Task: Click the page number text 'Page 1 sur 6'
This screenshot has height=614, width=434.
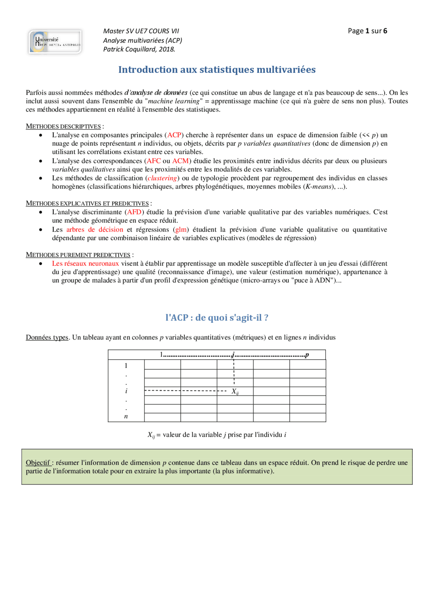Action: [367, 31]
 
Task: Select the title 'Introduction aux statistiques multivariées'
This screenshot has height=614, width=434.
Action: [217, 70]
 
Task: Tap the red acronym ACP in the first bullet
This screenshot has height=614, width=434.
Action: [174, 135]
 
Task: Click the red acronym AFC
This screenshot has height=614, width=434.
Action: [153, 161]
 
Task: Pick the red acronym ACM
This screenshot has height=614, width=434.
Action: [180, 161]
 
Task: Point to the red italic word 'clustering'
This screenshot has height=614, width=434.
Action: [162, 178]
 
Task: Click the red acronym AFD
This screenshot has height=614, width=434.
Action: [134, 212]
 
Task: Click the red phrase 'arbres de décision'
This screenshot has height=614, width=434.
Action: [95, 230]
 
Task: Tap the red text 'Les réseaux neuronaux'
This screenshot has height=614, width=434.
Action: [85, 263]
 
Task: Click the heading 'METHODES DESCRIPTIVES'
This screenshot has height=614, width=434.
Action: [63, 126]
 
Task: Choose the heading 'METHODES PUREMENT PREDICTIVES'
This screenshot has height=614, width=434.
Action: [78, 255]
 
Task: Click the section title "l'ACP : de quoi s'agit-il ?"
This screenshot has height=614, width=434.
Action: [217, 318]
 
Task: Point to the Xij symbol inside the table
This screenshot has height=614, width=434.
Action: [235, 391]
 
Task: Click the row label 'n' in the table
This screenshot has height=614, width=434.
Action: [126, 417]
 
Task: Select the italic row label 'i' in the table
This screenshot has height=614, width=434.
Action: [126, 391]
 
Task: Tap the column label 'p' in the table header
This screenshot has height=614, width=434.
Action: [307, 355]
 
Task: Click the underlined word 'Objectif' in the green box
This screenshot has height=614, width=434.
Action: [38, 462]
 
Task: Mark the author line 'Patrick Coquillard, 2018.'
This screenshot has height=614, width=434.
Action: [139, 49]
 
